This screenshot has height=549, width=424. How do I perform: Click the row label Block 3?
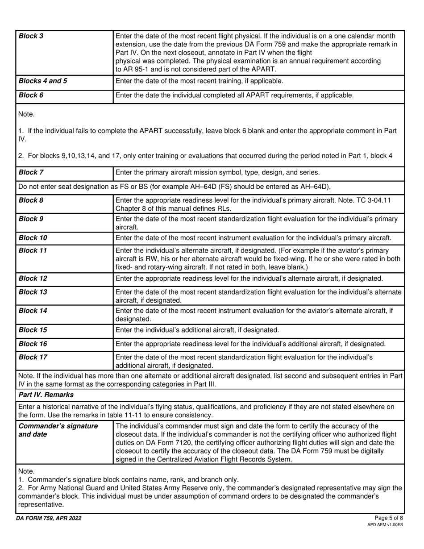31,36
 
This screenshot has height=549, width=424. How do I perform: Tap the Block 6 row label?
31,95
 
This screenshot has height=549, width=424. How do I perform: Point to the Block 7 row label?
31,172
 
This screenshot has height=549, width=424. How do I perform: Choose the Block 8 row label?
31,200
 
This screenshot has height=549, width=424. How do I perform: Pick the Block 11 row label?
33,250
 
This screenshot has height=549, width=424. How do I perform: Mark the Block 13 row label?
33,292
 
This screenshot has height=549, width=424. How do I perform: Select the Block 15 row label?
33,330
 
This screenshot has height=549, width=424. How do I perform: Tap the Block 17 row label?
33,357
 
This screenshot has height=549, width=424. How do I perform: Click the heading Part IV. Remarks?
46,395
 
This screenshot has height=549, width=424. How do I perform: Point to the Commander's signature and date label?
58,430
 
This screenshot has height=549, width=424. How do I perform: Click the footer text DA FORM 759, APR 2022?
50,518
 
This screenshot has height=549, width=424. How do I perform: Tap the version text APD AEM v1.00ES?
385,525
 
